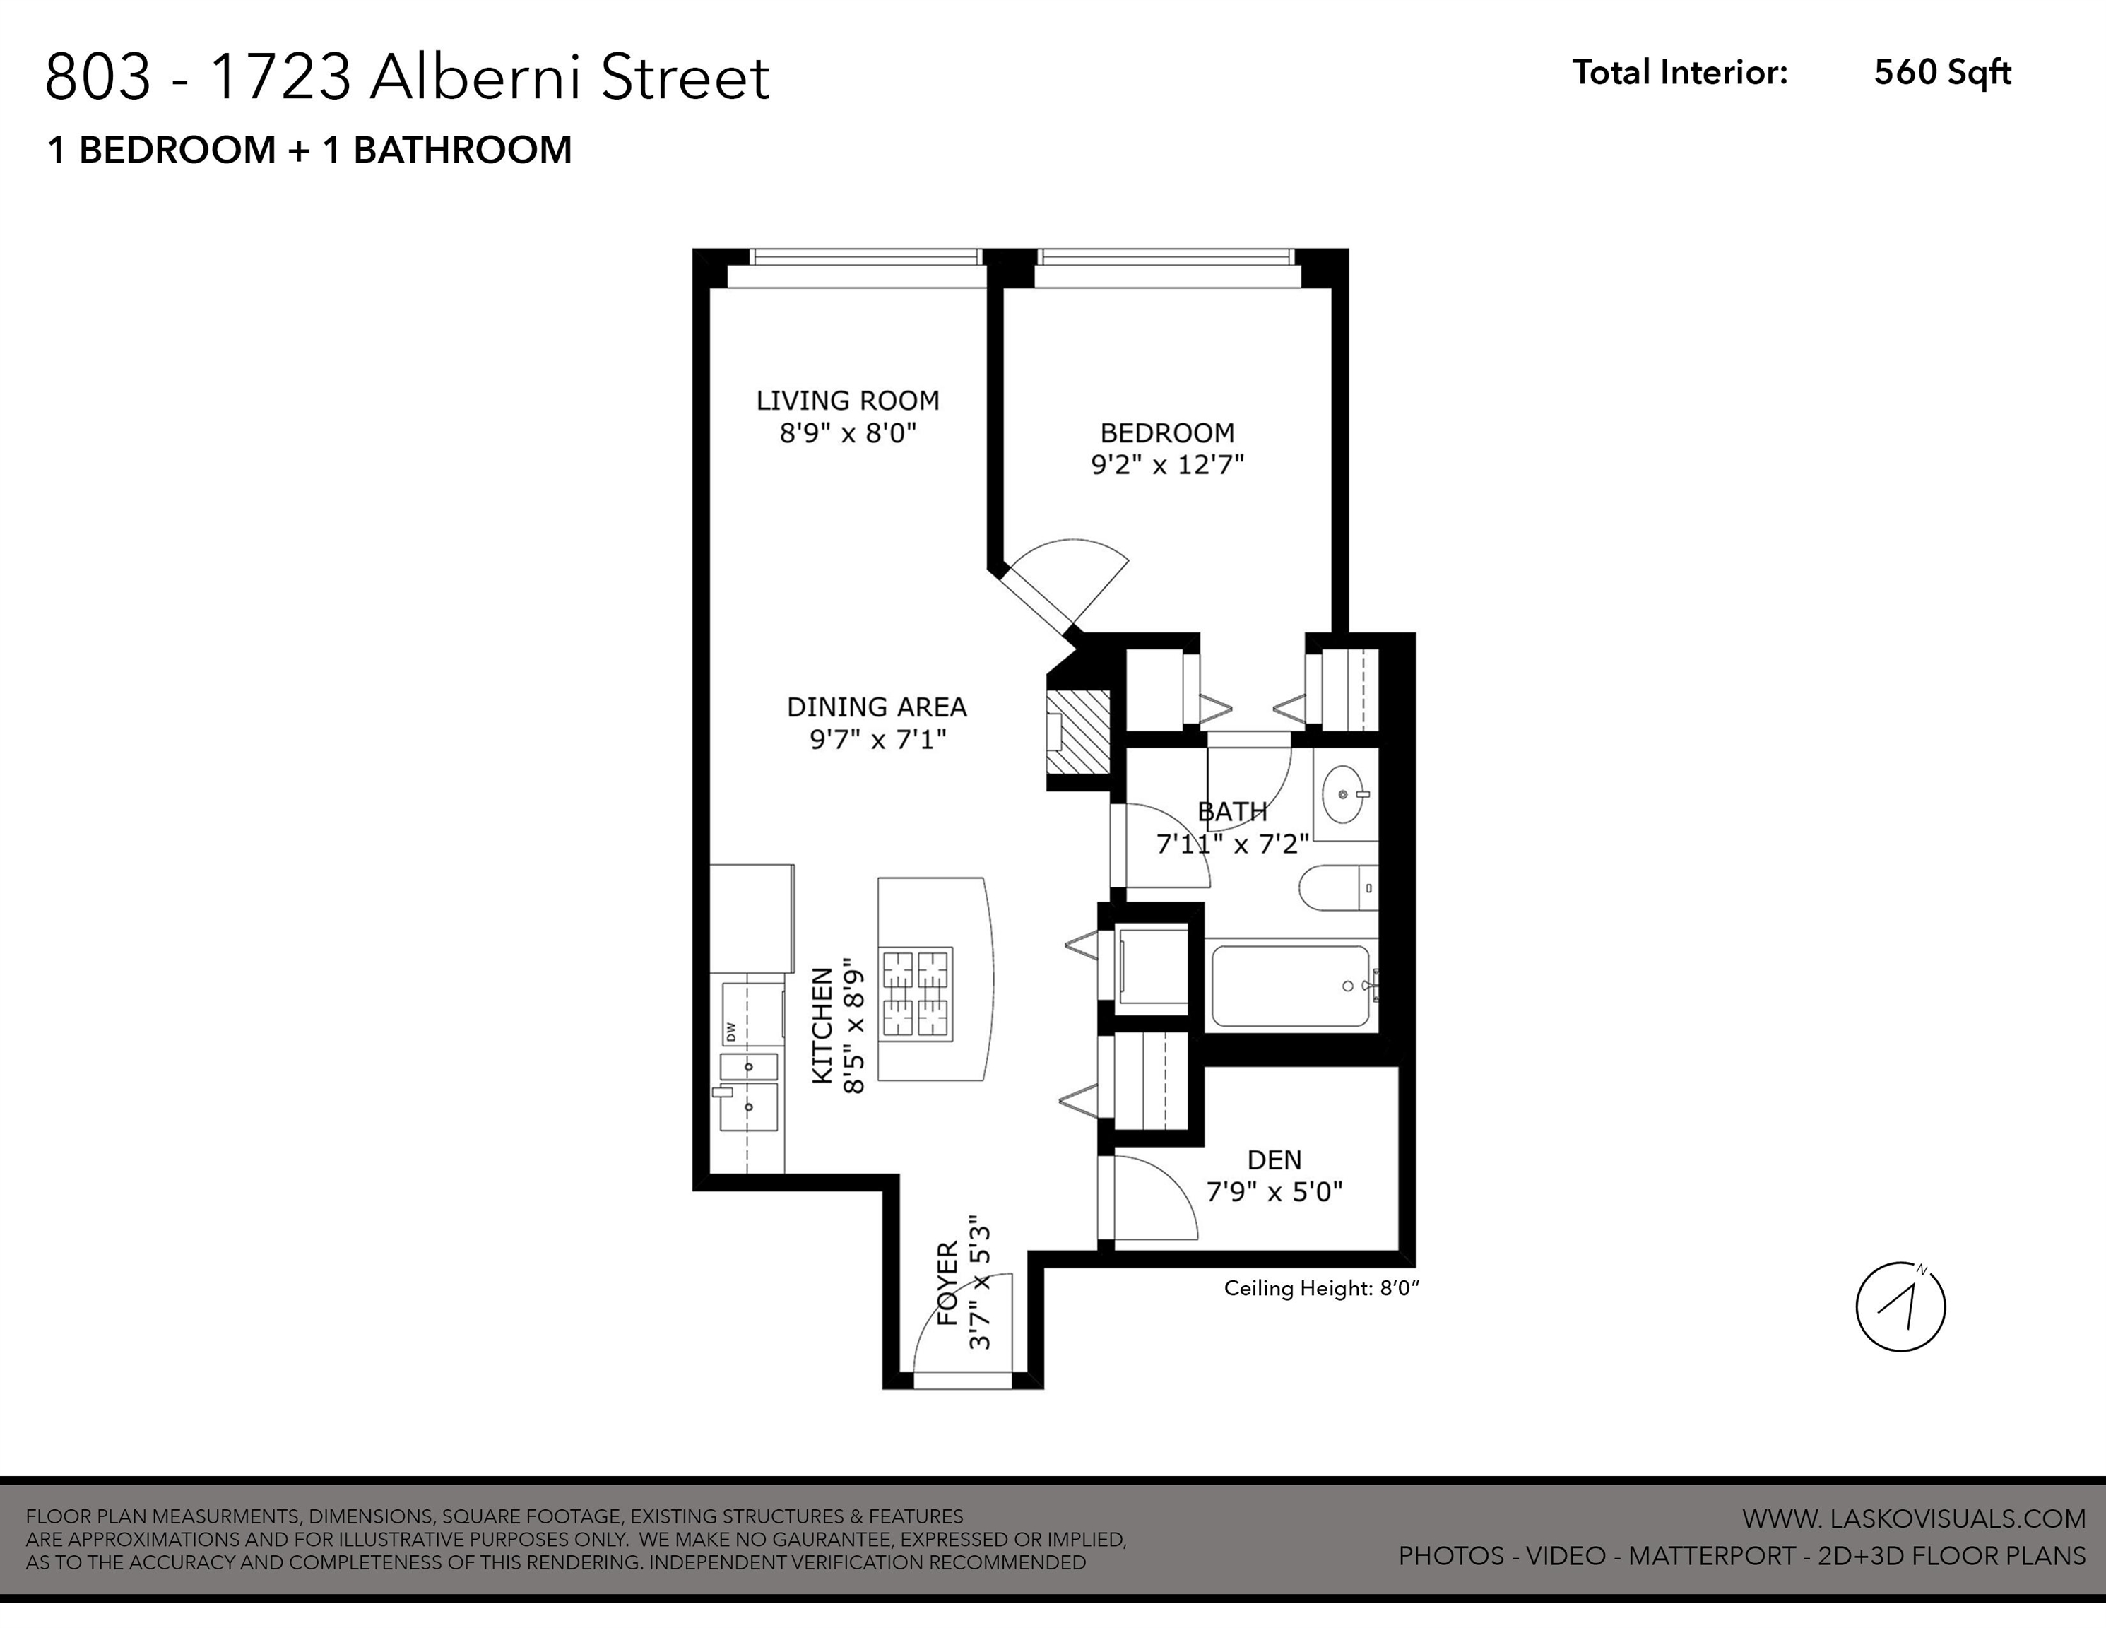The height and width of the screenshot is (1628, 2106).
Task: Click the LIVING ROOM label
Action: (846, 400)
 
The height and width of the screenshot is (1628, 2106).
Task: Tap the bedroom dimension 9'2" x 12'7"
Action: (1167, 465)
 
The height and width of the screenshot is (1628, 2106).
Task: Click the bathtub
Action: (1290, 986)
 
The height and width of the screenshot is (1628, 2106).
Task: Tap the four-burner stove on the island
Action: (916, 993)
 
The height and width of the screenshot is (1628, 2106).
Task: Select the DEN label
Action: (1274, 1160)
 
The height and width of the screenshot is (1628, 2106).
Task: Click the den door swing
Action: (1152, 1196)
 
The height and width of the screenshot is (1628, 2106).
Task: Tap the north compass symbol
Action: (1900, 1306)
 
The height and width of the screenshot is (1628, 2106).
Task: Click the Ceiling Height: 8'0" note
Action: (1322, 1289)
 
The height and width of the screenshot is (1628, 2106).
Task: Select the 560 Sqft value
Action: (1942, 72)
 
